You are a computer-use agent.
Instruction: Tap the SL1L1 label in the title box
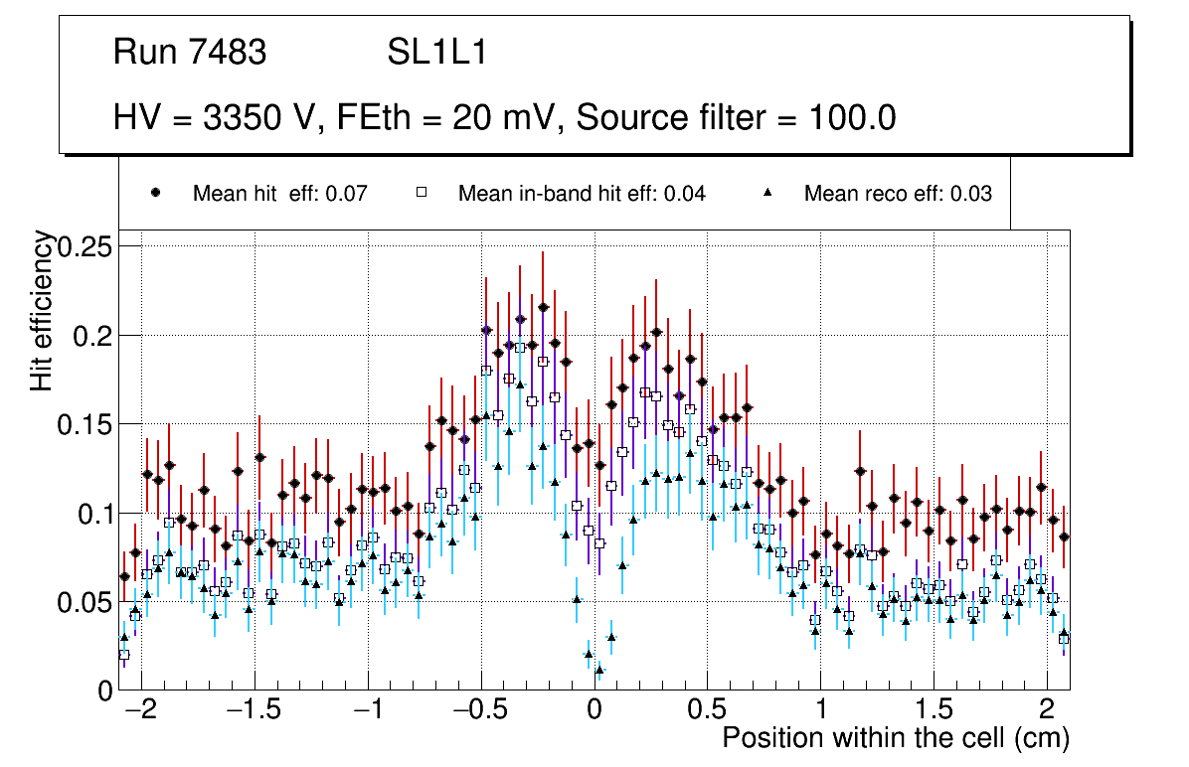pyautogui.click(x=437, y=53)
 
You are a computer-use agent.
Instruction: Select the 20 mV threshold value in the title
pyautogui.click(x=505, y=118)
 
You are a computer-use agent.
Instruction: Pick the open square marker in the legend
pyautogui.click(x=422, y=194)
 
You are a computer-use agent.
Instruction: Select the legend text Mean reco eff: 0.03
pyautogui.click(x=898, y=194)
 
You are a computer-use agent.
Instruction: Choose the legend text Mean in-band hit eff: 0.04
pyautogui.click(x=582, y=194)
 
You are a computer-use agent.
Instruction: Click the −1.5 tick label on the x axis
pyautogui.click(x=256, y=710)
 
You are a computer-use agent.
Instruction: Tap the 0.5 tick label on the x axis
pyautogui.click(x=707, y=710)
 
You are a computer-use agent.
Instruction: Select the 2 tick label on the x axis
pyautogui.click(x=1046, y=710)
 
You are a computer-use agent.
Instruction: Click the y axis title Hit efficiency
pyautogui.click(x=43, y=310)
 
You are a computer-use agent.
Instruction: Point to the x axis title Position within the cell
pyautogui.click(x=895, y=739)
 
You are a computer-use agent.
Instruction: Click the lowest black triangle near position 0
pyautogui.click(x=599, y=671)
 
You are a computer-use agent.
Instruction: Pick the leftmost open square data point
pyautogui.click(x=124, y=655)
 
